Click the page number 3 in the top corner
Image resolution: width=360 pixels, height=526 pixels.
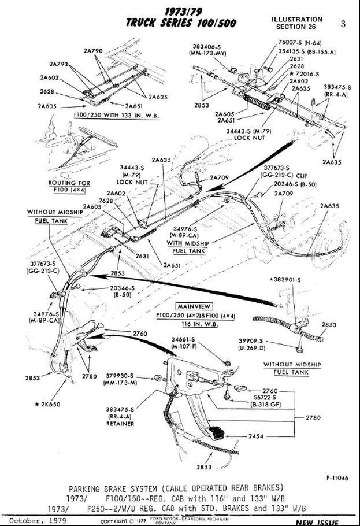click(343, 24)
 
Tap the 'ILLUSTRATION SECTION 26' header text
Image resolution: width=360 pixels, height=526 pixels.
click(297, 23)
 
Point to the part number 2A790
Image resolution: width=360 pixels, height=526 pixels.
click(93, 51)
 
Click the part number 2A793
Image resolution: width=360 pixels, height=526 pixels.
click(58, 64)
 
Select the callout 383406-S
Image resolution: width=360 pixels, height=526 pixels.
click(207, 47)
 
